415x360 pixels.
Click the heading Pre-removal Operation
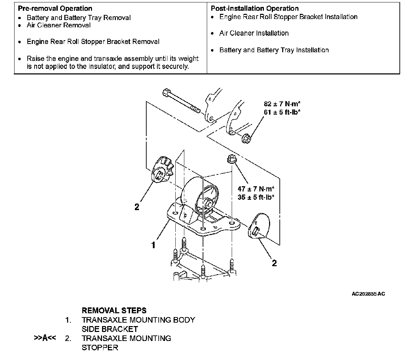55,8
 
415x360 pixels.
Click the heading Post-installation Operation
255,8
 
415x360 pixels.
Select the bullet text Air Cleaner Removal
58,25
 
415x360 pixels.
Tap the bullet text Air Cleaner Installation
254,33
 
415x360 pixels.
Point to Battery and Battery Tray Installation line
274,50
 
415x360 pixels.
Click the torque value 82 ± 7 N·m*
282,104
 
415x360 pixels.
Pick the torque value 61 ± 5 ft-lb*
282,112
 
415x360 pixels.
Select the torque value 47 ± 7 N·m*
256,189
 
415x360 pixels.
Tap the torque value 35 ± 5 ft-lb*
256,197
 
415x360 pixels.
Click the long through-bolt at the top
182,101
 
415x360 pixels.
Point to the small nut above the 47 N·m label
231,160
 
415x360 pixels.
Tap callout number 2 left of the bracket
137,207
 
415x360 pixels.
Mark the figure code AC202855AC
368,294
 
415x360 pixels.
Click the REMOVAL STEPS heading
114,310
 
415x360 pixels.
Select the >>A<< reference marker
45,338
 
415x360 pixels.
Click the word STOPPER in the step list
100,348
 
